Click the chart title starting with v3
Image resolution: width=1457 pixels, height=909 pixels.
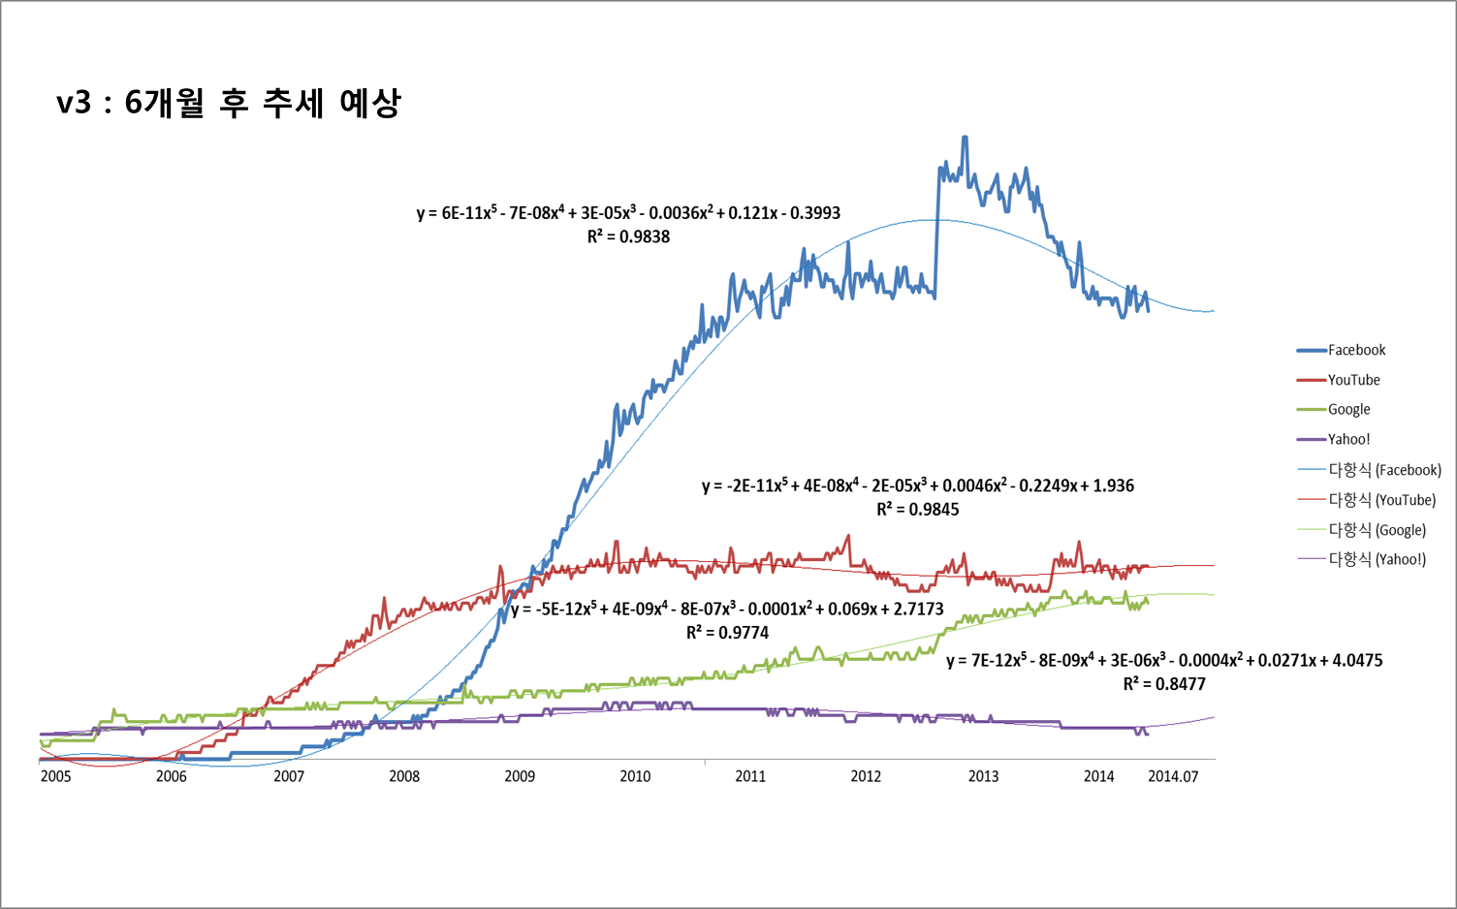pyautogui.click(x=229, y=103)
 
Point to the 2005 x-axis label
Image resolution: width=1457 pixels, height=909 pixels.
pyautogui.click(x=56, y=776)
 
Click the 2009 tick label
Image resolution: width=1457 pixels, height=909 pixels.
pyautogui.click(x=520, y=776)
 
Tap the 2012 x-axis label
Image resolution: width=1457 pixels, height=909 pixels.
pyautogui.click(x=866, y=776)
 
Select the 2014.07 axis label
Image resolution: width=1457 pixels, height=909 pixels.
pyautogui.click(x=1173, y=776)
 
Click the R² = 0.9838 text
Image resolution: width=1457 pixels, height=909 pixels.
pyautogui.click(x=628, y=236)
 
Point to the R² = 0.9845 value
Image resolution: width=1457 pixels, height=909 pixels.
pyautogui.click(x=917, y=510)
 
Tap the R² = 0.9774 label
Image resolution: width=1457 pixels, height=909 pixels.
pyautogui.click(x=727, y=633)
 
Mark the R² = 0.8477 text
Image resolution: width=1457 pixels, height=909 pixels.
pyautogui.click(x=1164, y=684)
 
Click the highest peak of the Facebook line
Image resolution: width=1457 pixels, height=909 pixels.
pyautogui.click(x=965, y=138)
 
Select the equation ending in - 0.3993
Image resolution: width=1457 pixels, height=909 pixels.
pyautogui.click(x=628, y=213)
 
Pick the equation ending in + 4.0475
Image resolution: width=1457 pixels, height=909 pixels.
pyautogui.click(x=1164, y=660)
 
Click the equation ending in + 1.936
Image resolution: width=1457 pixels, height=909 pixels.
pyautogui.click(x=917, y=486)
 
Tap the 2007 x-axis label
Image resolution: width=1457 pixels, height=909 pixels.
pyautogui.click(x=288, y=776)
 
